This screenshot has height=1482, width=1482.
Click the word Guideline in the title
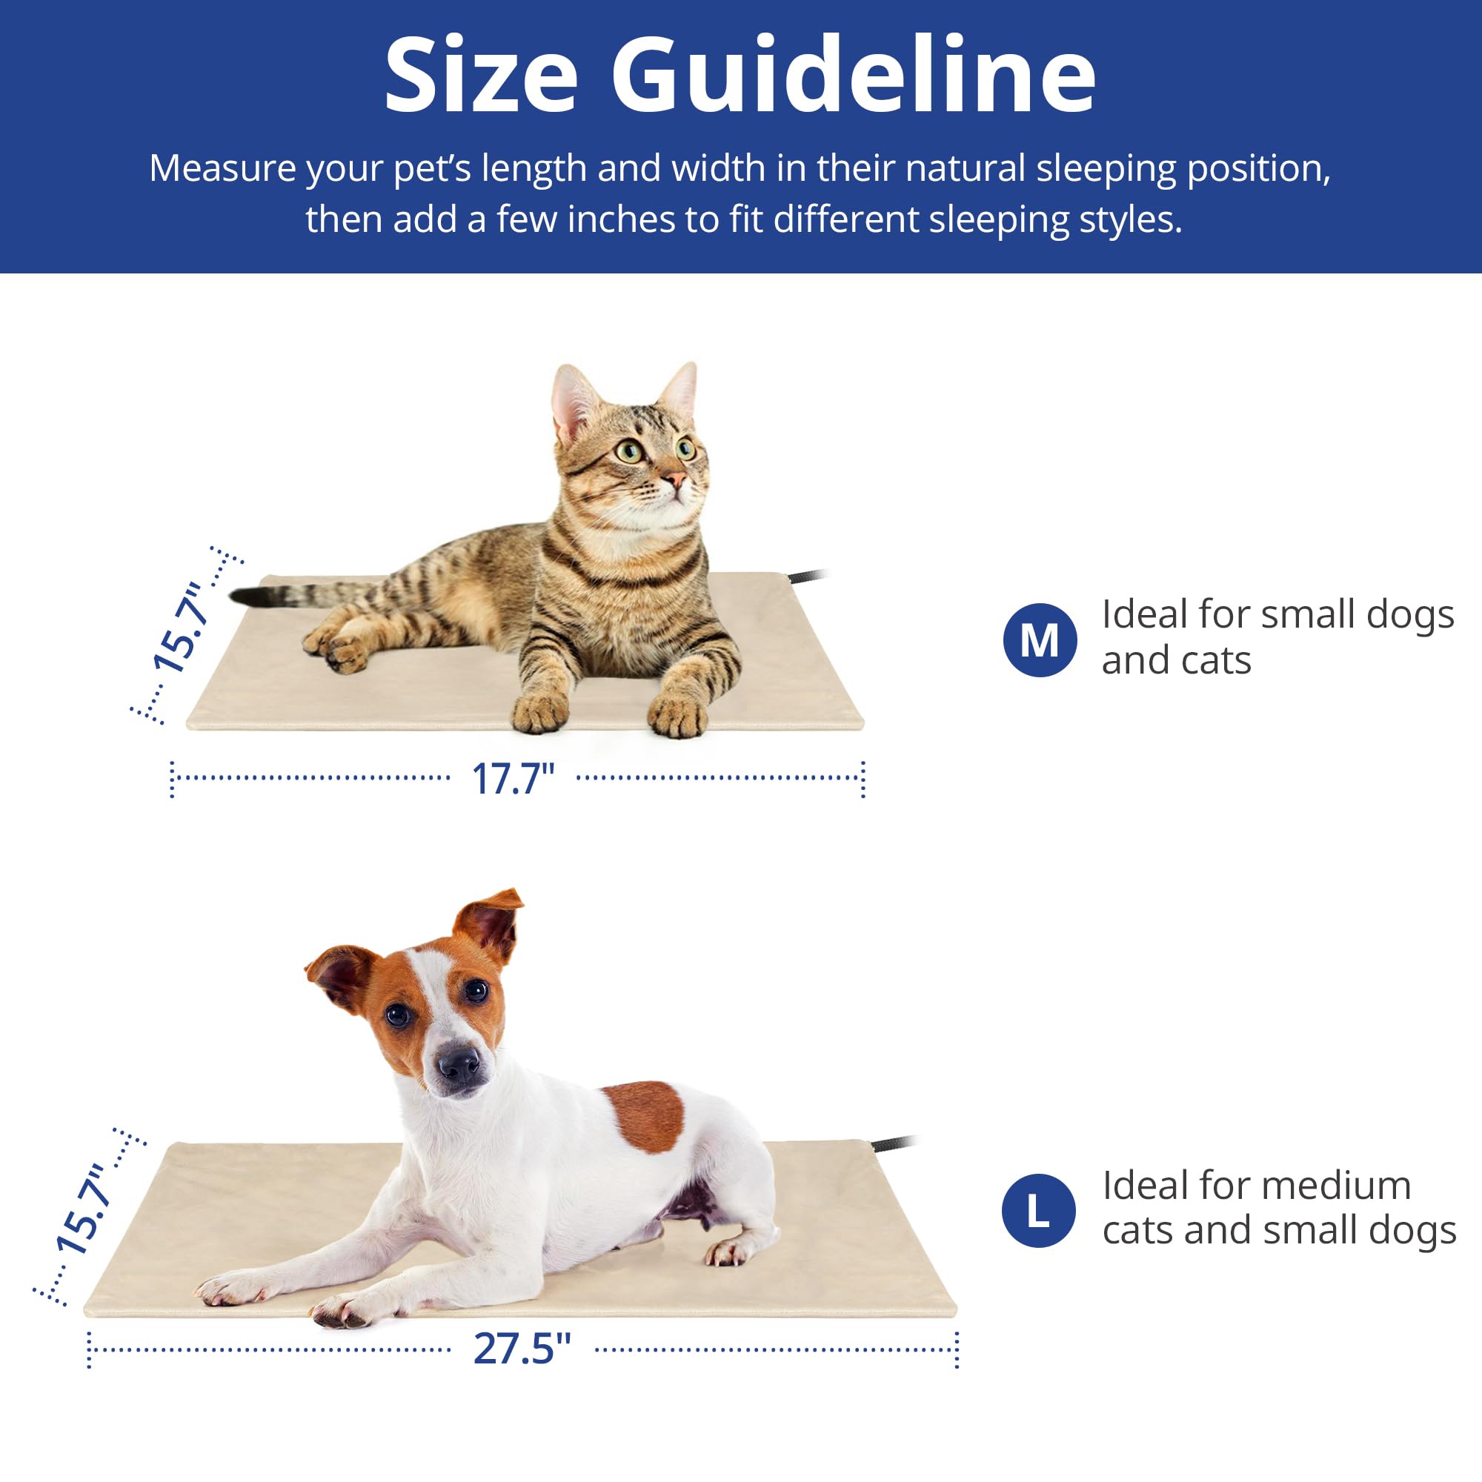tap(853, 75)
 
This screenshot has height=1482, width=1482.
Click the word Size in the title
tap(481, 76)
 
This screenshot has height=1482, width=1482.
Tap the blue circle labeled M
tap(1040, 640)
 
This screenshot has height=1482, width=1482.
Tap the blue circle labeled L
tap(1039, 1211)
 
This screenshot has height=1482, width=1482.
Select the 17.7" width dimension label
tap(513, 780)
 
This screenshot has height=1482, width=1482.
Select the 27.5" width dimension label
tap(522, 1349)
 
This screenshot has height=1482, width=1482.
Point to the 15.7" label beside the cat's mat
tap(179, 628)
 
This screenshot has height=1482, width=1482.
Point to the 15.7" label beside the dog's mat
tap(82, 1210)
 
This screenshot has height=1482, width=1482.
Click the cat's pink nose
tap(674, 480)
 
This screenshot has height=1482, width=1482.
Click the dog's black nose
tap(459, 1063)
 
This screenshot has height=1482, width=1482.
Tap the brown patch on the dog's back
tap(644, 1117)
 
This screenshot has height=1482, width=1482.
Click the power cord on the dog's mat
tap(894, 1143)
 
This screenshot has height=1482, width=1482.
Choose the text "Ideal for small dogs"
tap(1278, 614)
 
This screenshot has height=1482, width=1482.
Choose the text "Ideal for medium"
tap(1257, 1186)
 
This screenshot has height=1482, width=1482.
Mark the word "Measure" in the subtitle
tap(222, 168)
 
